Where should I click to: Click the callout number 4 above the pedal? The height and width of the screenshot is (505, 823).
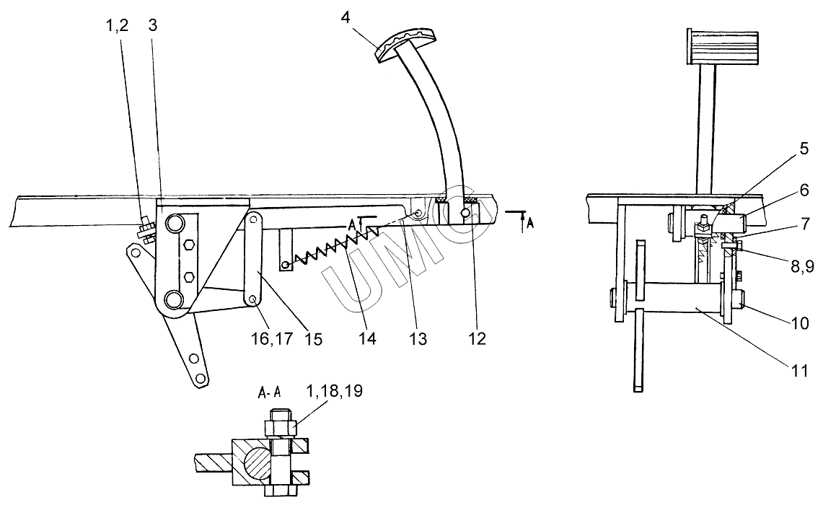pos(345,17)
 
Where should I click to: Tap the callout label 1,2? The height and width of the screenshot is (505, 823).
pos(117,25)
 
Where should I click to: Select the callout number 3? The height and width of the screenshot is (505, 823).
pos(153,25)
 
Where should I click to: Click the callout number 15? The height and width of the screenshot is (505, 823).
pos(313,338)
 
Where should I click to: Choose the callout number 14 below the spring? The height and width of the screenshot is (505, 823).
pos(367,338)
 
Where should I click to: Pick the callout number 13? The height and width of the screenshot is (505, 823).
pos(418,338)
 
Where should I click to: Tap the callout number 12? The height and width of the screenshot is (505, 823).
pos(477,338)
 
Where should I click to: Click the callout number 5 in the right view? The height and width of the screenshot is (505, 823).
pos(804,149)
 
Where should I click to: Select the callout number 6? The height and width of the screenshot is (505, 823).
pos(804,190)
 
